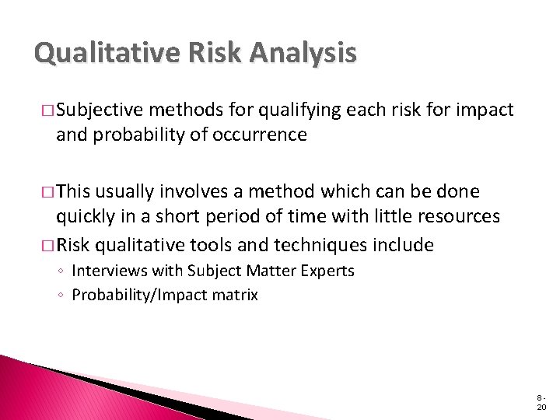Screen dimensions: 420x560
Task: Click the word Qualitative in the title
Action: pyautogui.click(x=97, y=53)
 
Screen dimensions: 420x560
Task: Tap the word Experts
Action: pyautogui.click(x=327, y=271)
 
